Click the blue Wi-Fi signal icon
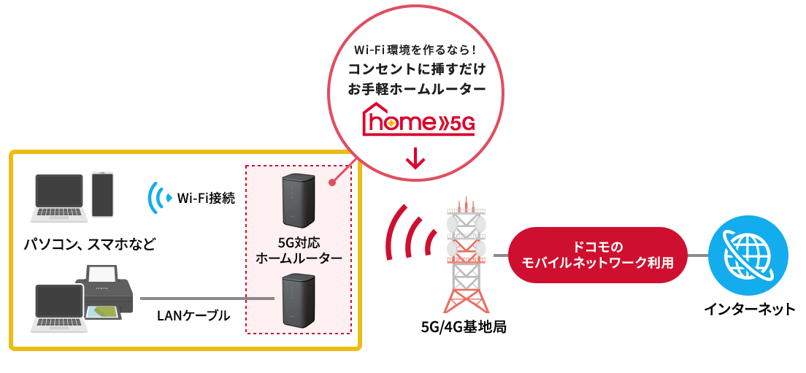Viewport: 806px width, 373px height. (159, 198)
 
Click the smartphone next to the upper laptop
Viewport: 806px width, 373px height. (102, 194)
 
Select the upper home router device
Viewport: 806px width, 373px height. (299, 201)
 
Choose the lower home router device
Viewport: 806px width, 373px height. (299, 299)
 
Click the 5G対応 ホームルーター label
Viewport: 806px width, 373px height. (299, 250)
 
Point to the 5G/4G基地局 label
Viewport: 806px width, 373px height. (464, 327)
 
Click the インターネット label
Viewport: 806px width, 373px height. (749, 309)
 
